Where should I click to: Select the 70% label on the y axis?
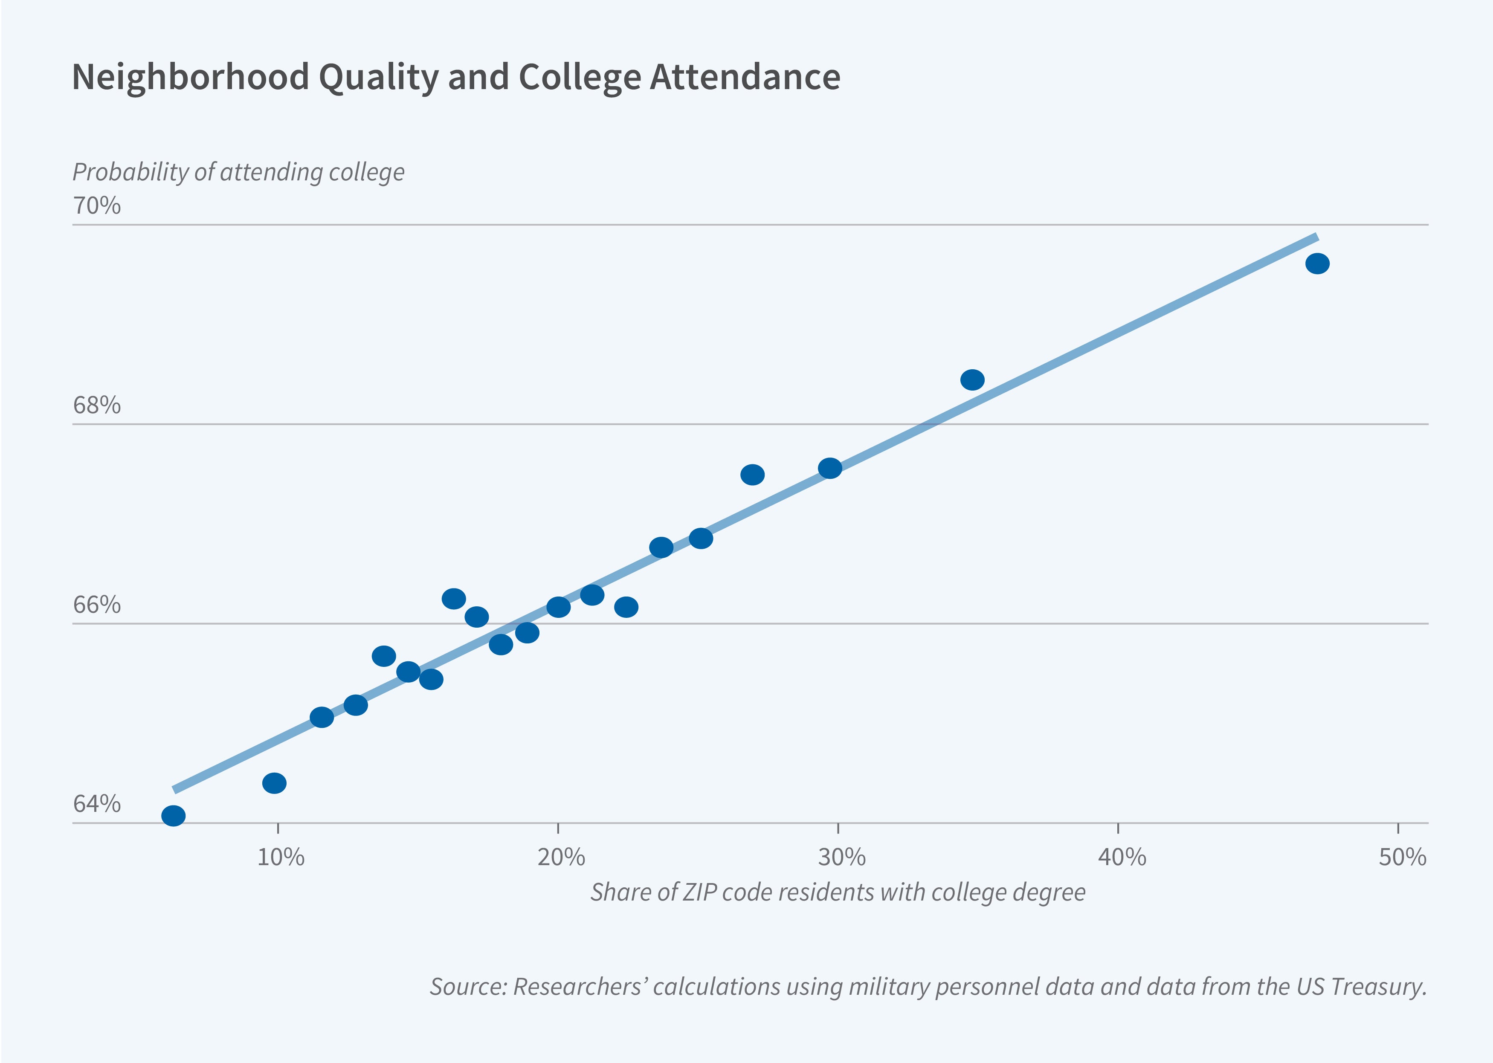coord(97,206)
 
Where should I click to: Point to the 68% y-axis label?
coord(97,406)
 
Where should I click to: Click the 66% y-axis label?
coord(97,605)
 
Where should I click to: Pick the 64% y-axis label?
coord(97,804)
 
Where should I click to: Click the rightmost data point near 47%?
coord(1317,264)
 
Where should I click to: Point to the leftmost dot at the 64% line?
coord(174,816)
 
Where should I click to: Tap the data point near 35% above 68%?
coord(972,379)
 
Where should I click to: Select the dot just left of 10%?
coord(274,783)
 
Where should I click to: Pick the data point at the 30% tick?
coord(830,468)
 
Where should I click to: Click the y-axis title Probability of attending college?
coord(238,172)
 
